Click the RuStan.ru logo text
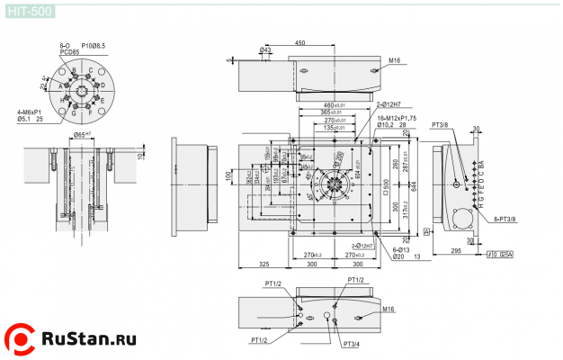click(x=88, y=339)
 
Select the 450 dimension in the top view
click(x=299, y=43)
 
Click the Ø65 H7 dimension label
click(x=84, y=134)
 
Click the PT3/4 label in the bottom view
click(x=351, y=344)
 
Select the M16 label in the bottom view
click(x=388, y=309)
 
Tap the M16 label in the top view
click(x=394, y=61)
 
